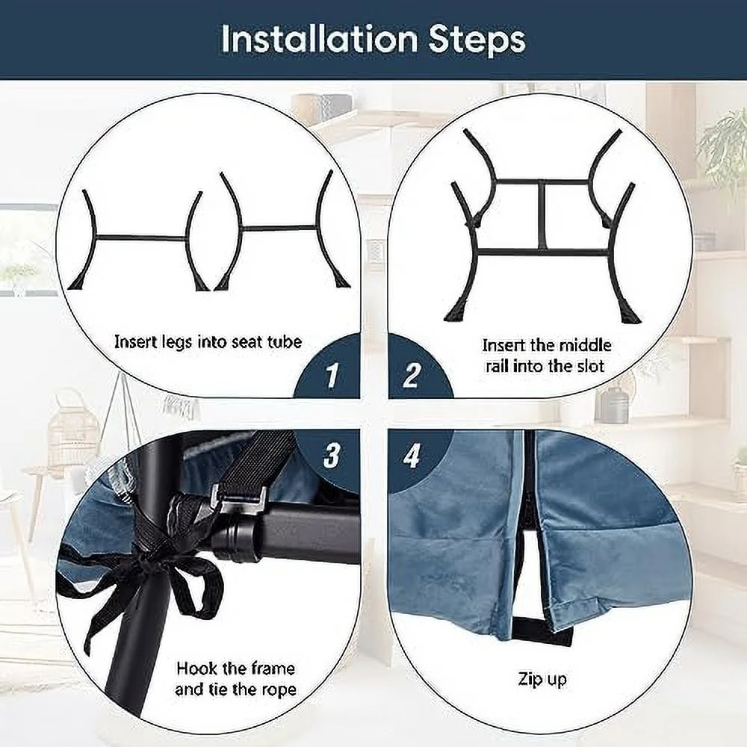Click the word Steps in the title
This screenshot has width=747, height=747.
pyautogui.click(x=477, y=40)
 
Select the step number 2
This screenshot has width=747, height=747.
pyautogui.click(x=411, y=375)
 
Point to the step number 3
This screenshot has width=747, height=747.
pyautogui.click(x=332, y=455)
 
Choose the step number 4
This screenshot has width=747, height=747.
pyautogui.click(x=412, y=456)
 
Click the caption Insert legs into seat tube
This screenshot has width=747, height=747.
pyautogui.click(x=208, y=342)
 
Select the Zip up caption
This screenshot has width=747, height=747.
pyautogui.click(x=542, y=679)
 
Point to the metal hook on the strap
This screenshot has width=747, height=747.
pyautogui.click(x=237, y=497)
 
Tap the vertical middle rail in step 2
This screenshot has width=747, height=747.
pyautogui.click(x=542, y=215)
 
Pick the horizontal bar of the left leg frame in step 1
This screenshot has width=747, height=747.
pyautogui.click(x=141, y=238)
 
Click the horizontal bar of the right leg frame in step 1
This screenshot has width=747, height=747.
pyautogui.click(x=279, y=228)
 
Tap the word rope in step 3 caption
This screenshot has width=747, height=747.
pyautogui.click(x=277, y=690)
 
